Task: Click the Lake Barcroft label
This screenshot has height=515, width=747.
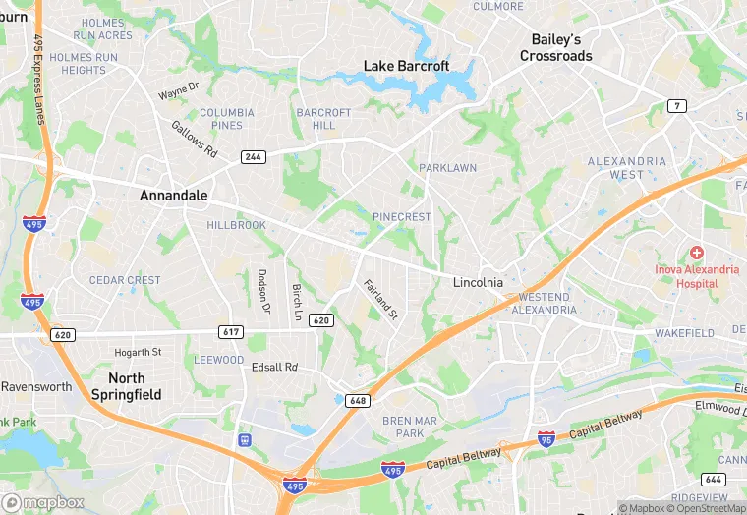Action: click(x=406, y=66)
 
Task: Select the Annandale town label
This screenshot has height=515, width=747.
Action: click(x=173, y=196)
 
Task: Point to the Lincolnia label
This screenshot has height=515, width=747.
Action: click(x=478, y=282)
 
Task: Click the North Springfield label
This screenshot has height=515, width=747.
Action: click(x=126, y=386)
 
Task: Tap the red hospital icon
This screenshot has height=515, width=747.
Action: click(x=696, y=253)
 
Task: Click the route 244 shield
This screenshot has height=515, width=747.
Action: click(x=253, y=157)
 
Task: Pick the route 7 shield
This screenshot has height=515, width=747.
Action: click(x=676, y=105)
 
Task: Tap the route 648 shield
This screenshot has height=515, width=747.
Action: click(x=357, y=400)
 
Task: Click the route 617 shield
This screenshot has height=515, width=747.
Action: click(x=232, y=332)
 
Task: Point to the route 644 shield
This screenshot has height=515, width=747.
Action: click(x=713, y=479)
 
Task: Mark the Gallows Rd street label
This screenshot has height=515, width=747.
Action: click(x=194, y=140)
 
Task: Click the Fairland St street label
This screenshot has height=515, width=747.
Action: click(x=379, y=301)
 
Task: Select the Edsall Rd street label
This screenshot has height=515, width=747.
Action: click(x=274, y=368)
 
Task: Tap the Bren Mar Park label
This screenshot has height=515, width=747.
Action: click(x=403, y=428)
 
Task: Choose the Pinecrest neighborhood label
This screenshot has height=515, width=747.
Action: click(x=401, y=216)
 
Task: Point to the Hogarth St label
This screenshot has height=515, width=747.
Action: click(x=137, y=352)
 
